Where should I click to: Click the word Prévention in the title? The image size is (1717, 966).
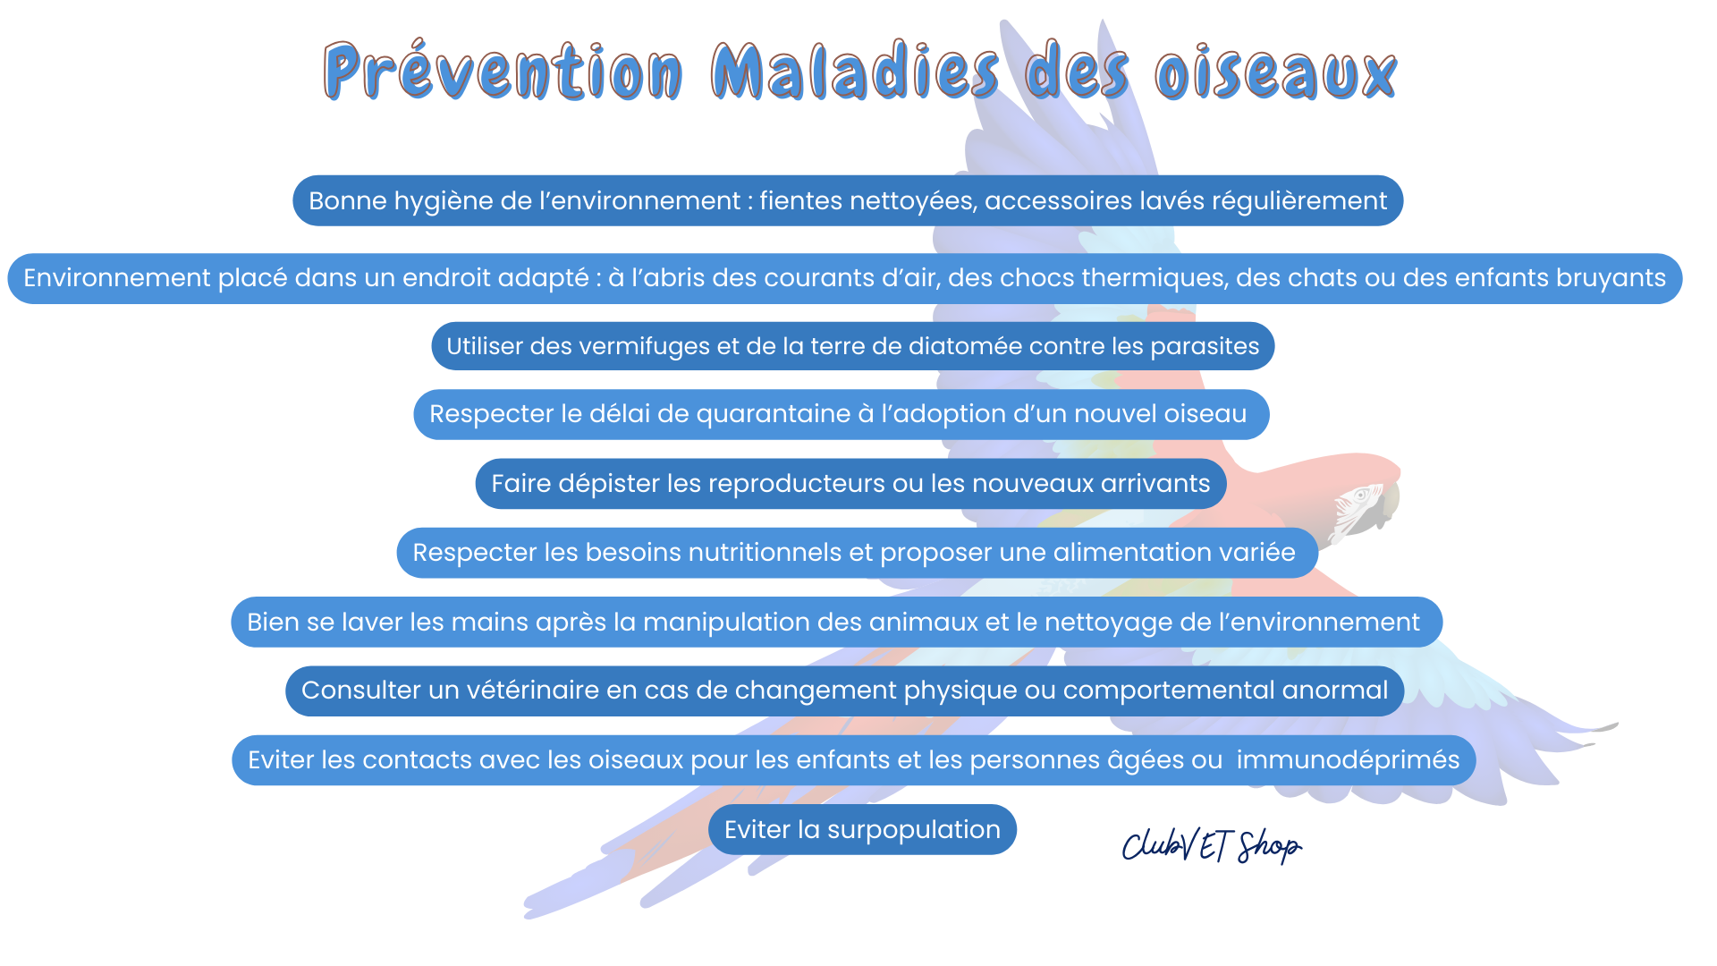503,72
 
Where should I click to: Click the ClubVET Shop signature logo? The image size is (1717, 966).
1212,845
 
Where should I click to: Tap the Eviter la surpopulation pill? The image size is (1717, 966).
862,829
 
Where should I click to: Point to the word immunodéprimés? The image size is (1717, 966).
1348,760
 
